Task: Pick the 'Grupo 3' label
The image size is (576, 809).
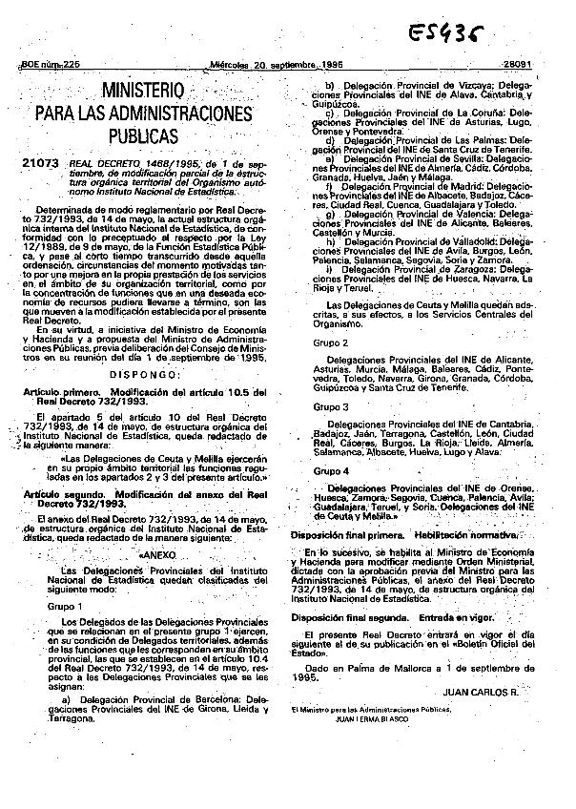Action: [331, 407]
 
